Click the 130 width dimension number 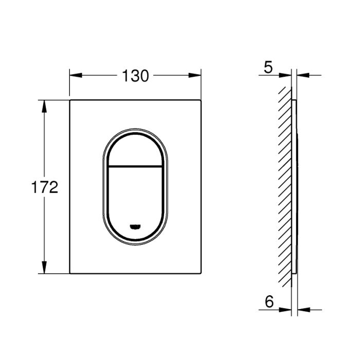click(135, 76)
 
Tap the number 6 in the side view click(268, 301)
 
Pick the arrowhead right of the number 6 click(285, 310)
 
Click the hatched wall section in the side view click(284, 185)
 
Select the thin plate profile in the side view click(294, 185)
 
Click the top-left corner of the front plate click(70, 101)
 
